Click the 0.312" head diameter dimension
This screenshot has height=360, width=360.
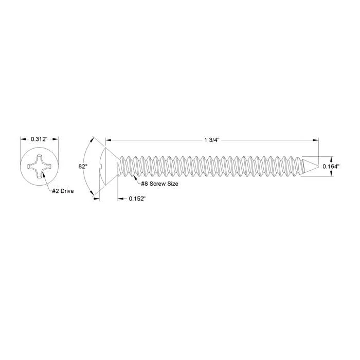(39, 139)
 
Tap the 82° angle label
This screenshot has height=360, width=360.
(83, 167)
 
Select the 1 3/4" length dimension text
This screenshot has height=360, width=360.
(212, 140)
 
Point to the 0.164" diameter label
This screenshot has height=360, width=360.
(331, 167)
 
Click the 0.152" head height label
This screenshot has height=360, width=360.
(137, 199)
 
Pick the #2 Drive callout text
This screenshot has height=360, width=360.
(63, 191)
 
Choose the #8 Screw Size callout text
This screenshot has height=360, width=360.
(159, 184)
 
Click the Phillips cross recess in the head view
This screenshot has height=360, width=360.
(39, 166)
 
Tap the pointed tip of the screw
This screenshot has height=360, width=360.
(318, 166)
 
